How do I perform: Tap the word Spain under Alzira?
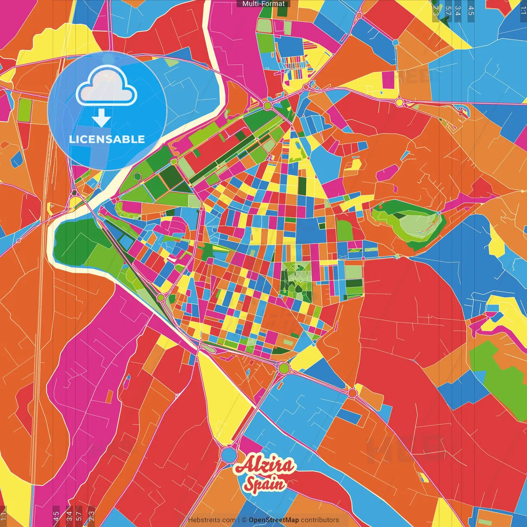click(x=265, y=484)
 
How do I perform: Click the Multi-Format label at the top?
click(x=263, y=4)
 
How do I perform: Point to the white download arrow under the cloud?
click(x=101, y=118)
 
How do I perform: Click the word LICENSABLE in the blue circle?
click(x=107, y=139)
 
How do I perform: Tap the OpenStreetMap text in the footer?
click(x=274, y=520)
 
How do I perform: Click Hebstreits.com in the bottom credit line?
click(x=212, y=520)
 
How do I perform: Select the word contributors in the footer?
click(x=320, y=520)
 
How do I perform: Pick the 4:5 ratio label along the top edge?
click(x=471, y=10)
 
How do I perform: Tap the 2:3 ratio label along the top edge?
click(x=436, y=10)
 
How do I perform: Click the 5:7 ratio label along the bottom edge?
click(x=79, y=515)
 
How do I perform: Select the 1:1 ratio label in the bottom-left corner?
click(x=3, y=515)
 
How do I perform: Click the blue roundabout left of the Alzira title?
click(x=228, y=455)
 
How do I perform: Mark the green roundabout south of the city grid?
click(x=284, y=368)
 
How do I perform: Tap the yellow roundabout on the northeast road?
click(x=399, y=102)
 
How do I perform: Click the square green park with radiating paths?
click(x=296, y=279)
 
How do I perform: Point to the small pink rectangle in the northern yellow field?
click(x=388, y=80)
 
